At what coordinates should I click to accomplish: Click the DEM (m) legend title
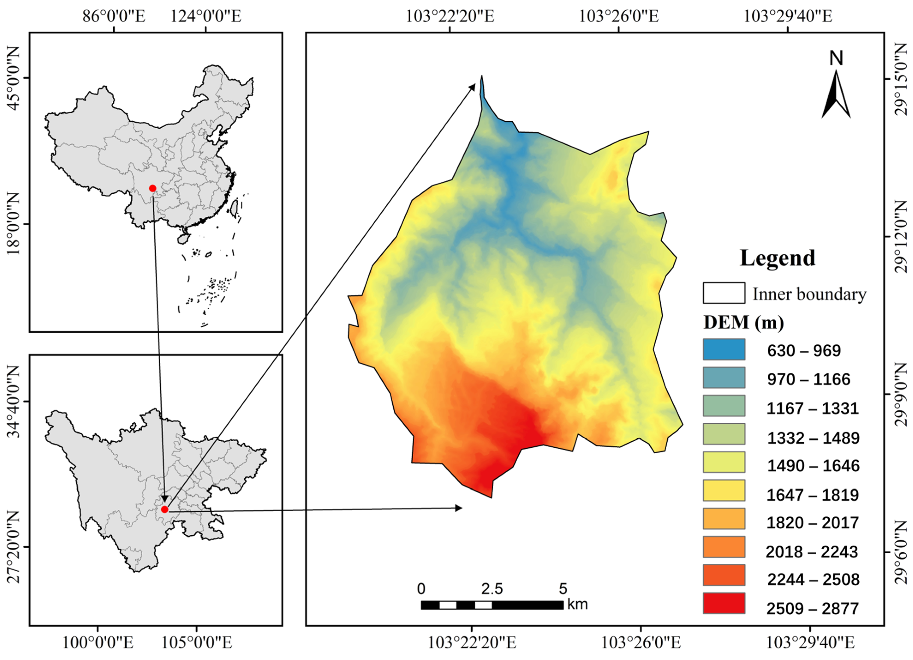click(743, 322)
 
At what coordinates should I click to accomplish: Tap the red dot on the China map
click(152, 188)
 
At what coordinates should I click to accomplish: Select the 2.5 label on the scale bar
click(492, 589)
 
